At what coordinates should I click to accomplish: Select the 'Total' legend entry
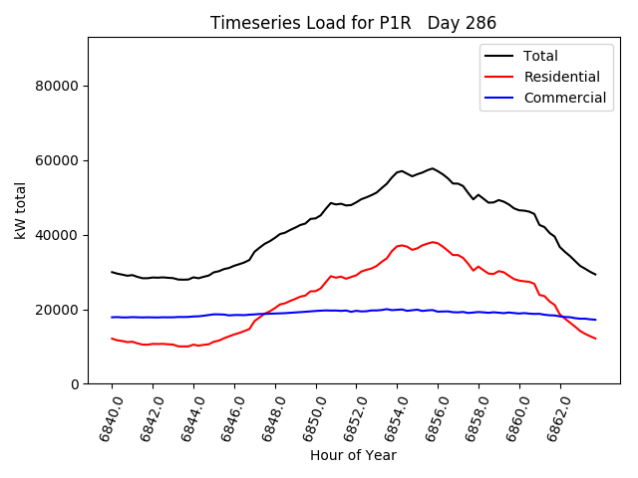click(x=540, y=56)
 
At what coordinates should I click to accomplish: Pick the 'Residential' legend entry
click(x=561, y=77)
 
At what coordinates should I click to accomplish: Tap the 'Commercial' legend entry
click(x=564, y=98)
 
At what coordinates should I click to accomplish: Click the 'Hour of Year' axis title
click(x=353, y=455)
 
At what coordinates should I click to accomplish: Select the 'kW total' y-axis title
click(x=21, y=210)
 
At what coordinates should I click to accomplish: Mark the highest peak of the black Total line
click(x=433, y=168)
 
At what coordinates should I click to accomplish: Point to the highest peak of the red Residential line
click(x=433, y=242)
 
